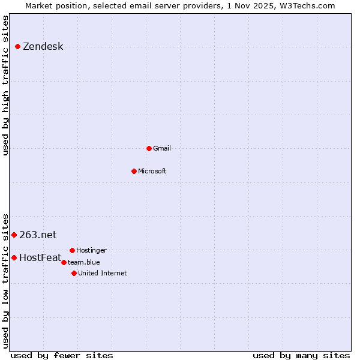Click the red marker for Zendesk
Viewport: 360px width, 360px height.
[17, 46]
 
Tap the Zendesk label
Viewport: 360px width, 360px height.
[43, 47]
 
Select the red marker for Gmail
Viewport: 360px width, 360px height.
[149, 148]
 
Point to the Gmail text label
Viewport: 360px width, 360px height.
[162, 149]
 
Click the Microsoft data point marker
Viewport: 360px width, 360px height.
[134, 171]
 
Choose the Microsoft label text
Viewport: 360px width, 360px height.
[152, 172]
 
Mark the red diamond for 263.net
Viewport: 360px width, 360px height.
[14, 235]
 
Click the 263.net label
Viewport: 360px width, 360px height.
[38, 235]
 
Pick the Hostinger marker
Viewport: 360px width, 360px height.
[72, 250]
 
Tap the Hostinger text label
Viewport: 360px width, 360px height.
[91, 251]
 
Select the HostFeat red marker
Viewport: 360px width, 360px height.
[14, 257]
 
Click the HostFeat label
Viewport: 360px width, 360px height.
[40, 258]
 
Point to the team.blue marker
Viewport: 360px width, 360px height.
[64, 262]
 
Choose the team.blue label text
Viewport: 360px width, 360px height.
[84, 262]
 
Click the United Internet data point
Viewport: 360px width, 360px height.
[74, 273]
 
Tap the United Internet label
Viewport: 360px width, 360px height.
[103, 274]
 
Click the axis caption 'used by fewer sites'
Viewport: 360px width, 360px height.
[61, 355]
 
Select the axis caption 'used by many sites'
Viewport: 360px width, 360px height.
[301, 355]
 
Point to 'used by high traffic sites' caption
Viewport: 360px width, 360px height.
[6, 85]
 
